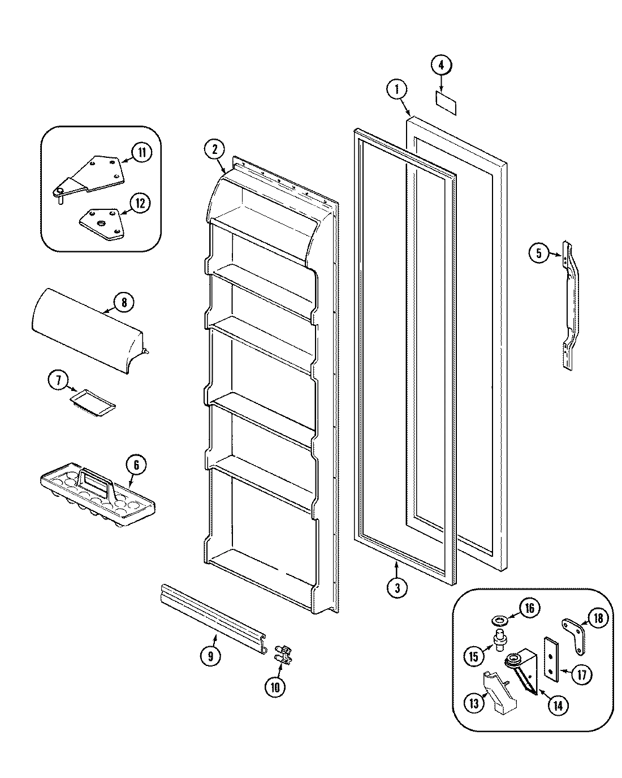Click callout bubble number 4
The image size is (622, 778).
[x=442, y=65]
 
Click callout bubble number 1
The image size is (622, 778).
[x=397, y=88]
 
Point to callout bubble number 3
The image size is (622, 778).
[x=398, y=587]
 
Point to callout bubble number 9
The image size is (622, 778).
[x=210, y=656]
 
